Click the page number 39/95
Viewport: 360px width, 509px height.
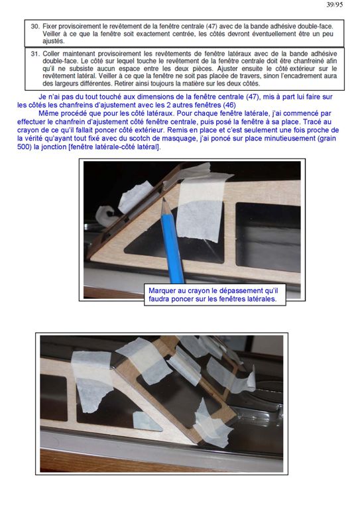(x=334, y=5)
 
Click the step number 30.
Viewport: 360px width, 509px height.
(x=35, y=27)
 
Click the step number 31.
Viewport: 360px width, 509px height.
(x=35, y=54)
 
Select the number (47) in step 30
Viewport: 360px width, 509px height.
(x=211, y=27)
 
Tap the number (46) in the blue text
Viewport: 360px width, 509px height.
(x=229, y=105)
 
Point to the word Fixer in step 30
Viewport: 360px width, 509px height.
(x=49, y=27)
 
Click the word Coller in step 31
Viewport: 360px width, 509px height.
(x=51, y=54)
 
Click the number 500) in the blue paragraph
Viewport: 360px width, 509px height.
(x=25, y=146)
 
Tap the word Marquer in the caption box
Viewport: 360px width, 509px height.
(x=162, y=291)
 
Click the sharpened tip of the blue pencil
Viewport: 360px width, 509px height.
(x=163, y=199)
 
